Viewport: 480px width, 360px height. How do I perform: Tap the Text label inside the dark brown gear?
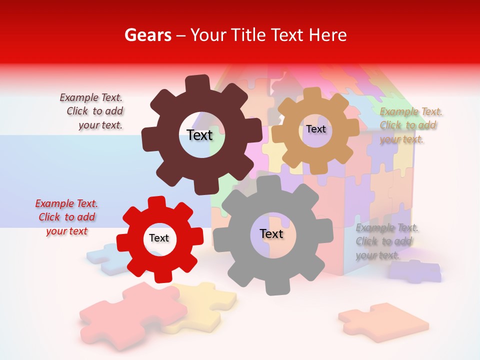tap(199, 135)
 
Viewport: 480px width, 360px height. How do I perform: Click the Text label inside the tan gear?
tap(315, 129)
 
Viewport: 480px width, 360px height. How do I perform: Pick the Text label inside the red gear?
tap(159, 238)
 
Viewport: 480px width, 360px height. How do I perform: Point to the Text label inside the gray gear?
tap(271, 234)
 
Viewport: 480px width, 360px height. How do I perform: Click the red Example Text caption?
tap(66, 217)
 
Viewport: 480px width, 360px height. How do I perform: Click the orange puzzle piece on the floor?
tap(382, 320)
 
